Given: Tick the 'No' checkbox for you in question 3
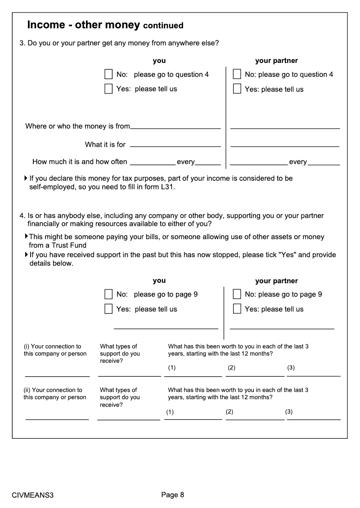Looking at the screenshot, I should (x=108, y=74).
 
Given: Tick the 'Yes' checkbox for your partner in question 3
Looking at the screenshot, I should (x=237, y=89).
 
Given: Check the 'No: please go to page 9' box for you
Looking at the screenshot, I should (x=108, y=294).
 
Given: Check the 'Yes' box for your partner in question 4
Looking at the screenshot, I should (x=237, y=309).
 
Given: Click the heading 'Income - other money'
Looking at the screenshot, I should (x=84, y=25).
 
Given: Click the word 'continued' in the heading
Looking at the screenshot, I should (x=163, y=26).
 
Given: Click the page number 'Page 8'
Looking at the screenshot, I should (x=173, y=495).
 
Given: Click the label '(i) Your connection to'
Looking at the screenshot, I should (x=53, y=347).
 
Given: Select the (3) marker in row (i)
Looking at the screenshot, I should (x=291, y=368).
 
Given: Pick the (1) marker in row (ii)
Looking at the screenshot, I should (x=170, y=412).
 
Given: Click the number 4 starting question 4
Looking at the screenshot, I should (x=22, y=216).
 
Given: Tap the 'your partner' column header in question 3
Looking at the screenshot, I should (x=276, y=61).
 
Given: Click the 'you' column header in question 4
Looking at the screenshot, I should (x=159, y=281).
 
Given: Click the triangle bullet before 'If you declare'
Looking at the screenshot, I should (x=26, y=178).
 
